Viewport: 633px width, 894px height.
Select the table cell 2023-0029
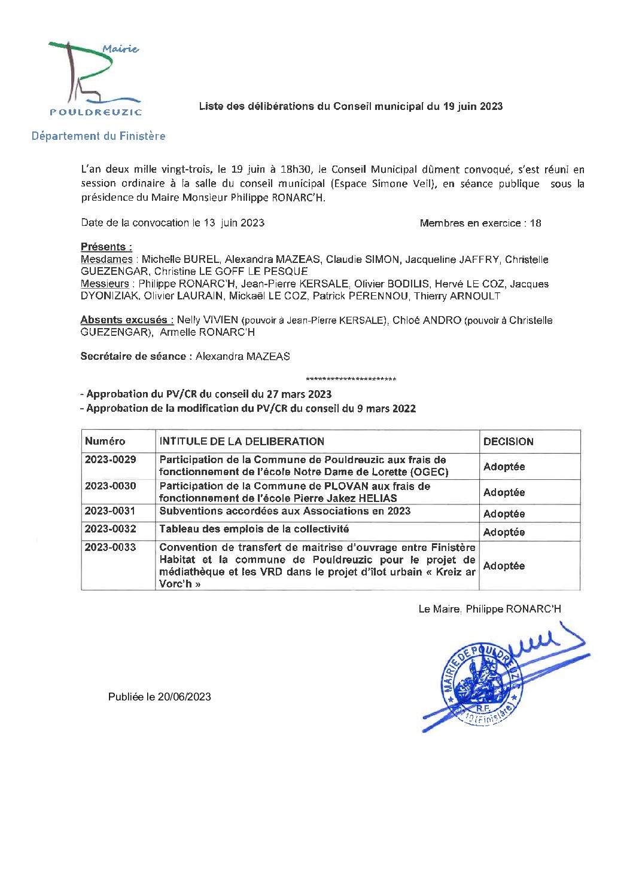pyautogui.click(x=111, y=460)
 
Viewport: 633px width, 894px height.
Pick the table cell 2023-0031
pyautogui.click(x=111, y=511)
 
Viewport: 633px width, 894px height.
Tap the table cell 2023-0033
pyautogui.click(x=111, y=547)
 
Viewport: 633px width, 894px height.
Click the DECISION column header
pyautogui.click(x=508, y=442)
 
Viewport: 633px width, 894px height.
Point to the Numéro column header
pyautogui.click(x=105, y=442)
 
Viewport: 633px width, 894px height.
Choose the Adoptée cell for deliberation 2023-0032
pyautogui.click(x=504, y=532)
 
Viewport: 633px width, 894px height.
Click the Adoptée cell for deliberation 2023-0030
pyautogui.click(x=504, y=492)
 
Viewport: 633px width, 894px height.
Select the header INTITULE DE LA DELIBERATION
pyautogui.click(x=242, y=442)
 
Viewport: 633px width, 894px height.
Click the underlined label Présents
pyautogui.click(x=106, y=247)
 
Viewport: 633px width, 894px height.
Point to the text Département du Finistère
pyautogui.click(x=98, y=136)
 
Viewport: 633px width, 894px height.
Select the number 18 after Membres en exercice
pyautogui.click(x=535, y=223)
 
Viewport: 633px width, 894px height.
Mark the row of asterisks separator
pyautogui.click(x=351, y=379)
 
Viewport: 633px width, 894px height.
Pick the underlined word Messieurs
pyautogui.click(x=105, y=284)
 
